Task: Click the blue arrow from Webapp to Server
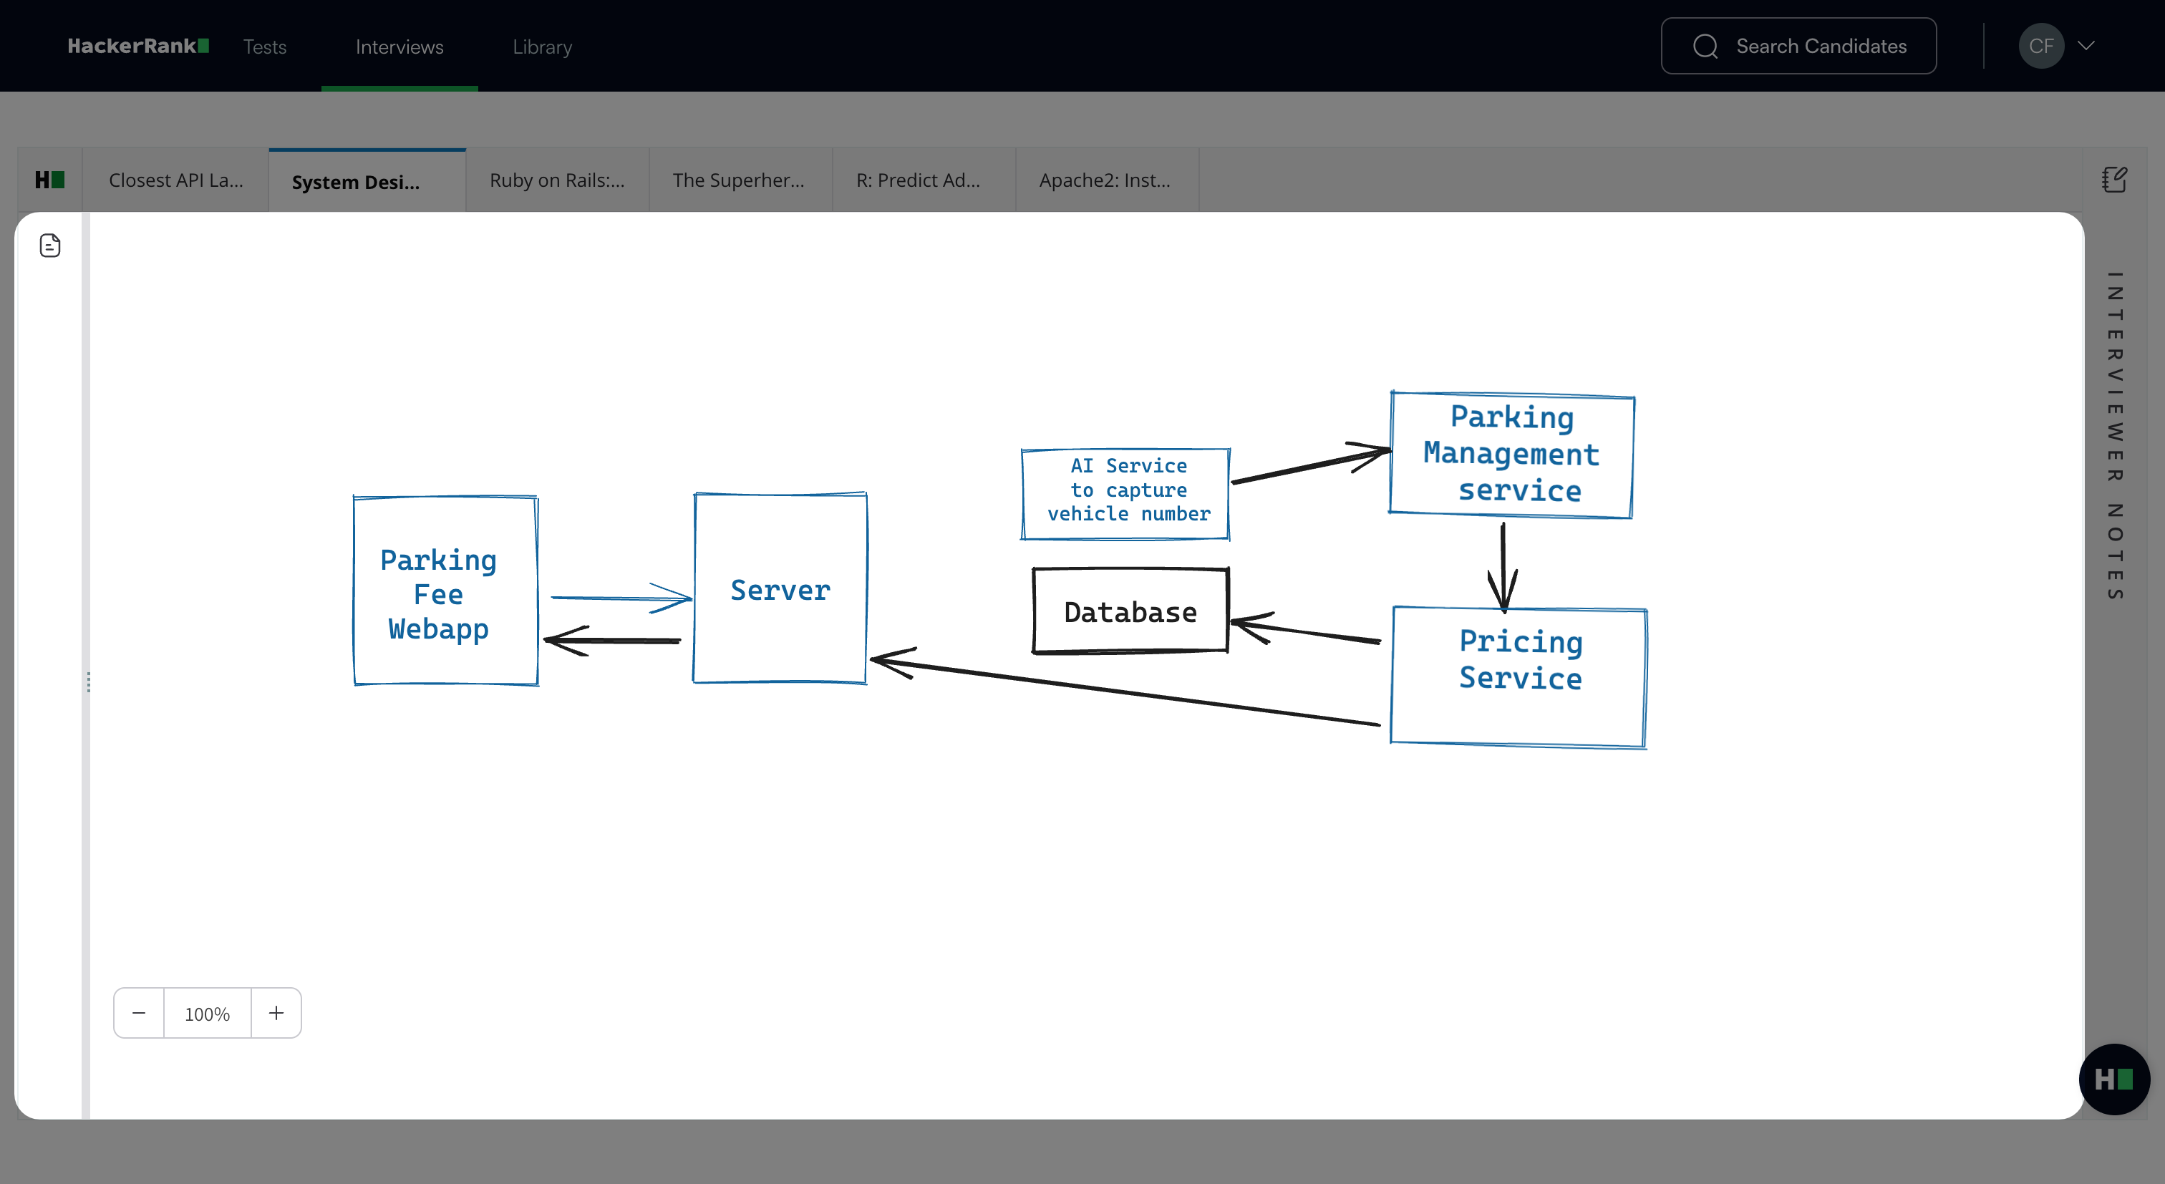(x=621, y=598)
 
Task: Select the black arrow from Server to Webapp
(x=612, y=640)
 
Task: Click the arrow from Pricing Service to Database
(x=1305, y=630)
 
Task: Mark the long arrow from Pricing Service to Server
(x=1125, y=691)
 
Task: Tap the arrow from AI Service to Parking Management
(x=1311, y=465)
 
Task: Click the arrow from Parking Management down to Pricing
(x=1503, y=566)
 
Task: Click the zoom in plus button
(x=276, y=1013)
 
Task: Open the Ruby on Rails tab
(x=557, y=180)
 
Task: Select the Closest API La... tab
(x=175, y=180)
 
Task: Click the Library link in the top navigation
(x=542, y=47)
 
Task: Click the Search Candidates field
(x=1798, y=47)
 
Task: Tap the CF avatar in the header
(x=2041, y=47)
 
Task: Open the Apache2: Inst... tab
(x=1105, y=180)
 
